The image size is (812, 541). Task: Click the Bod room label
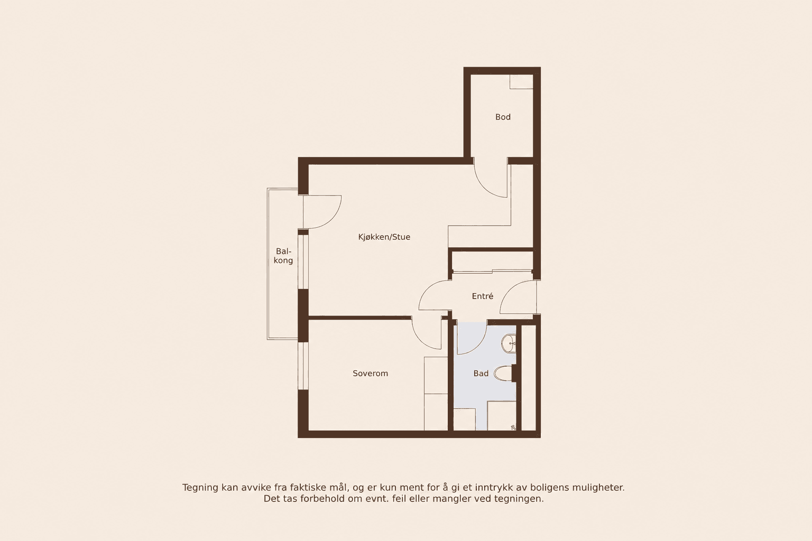[x=503, y=117]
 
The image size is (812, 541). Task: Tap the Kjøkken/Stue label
[x=384, y=237]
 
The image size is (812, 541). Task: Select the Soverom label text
[x=370, y=373]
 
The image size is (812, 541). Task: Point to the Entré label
[x=483, y=296]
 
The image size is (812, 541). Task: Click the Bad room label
[x=481, y=373]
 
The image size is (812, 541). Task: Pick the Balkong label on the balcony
[x=283, y=256]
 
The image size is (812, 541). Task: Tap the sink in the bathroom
[x=509, y=343]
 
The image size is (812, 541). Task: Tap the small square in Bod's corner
[x=521, y=81]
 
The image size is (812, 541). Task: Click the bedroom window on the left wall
[x=303, y=366]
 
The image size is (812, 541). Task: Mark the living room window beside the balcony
[x=303, y=262]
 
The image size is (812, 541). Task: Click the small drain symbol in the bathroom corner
[x=513, y=427]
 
